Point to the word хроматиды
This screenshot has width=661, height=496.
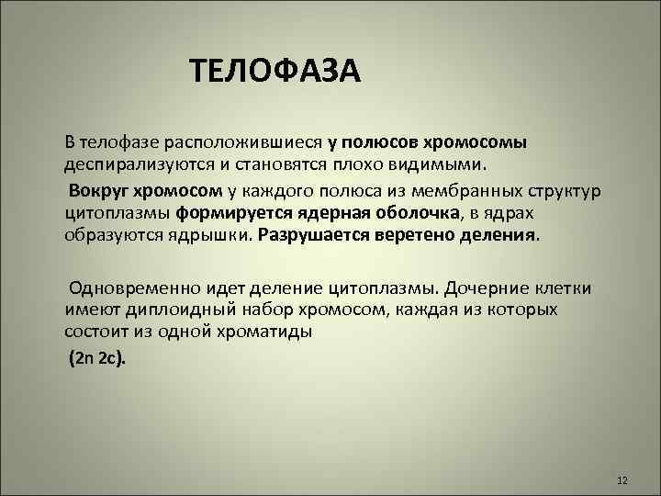271,332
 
